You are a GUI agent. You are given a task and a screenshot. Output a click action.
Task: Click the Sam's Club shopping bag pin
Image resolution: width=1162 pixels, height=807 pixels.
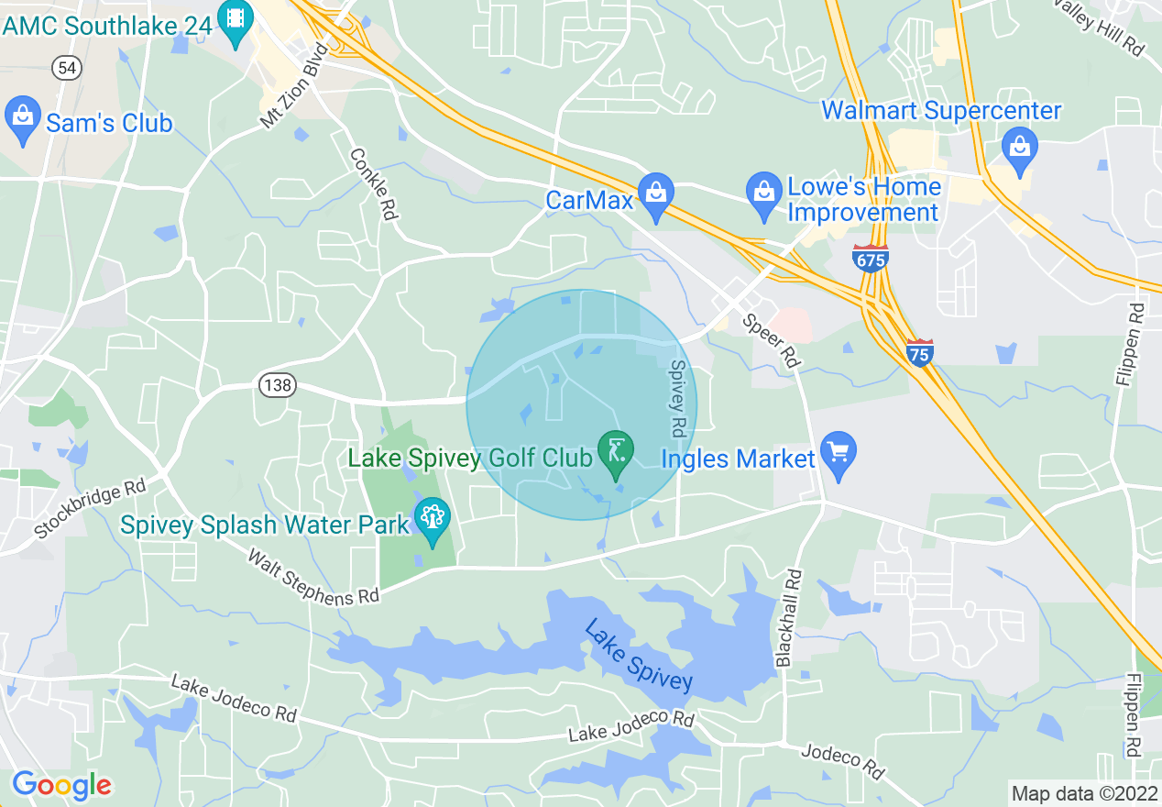pos(22,120)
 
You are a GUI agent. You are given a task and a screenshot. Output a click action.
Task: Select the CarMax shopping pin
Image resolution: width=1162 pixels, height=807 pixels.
pos(656,195)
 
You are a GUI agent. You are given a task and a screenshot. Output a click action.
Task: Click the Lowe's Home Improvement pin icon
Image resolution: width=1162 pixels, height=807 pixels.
pos(762,194)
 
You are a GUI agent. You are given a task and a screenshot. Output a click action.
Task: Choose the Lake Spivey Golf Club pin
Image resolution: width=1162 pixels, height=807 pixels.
pos(616,452)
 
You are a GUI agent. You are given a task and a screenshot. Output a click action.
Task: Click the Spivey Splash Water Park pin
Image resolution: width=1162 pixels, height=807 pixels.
pos(432,519)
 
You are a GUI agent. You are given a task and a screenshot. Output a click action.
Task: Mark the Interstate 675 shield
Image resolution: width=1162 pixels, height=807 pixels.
pos(870,259)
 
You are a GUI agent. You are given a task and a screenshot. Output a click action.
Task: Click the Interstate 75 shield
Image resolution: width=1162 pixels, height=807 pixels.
pos(920,352)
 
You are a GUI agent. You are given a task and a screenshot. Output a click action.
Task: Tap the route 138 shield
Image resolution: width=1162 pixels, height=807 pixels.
pos(276,385)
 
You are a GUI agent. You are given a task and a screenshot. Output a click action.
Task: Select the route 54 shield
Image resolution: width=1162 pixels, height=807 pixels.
pos(65,67)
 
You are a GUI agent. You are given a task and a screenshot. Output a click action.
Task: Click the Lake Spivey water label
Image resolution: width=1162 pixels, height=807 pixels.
pos(638,655)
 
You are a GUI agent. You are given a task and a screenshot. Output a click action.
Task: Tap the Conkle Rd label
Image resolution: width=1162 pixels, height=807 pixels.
pos(373,183)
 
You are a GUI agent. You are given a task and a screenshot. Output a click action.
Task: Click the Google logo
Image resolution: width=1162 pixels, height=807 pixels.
pos(61,785)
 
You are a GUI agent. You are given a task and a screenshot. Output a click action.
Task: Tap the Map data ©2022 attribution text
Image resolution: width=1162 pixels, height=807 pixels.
pos(1083,792)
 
